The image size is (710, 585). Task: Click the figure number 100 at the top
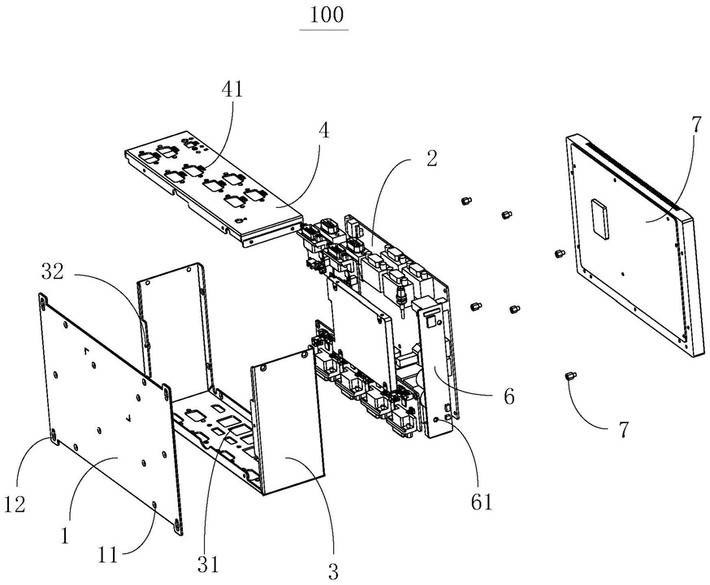(326, 15)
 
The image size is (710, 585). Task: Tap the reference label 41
(232, 89)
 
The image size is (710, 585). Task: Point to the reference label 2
(431, 158)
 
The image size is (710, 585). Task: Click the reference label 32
(53, 271)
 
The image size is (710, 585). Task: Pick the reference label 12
(15, 504)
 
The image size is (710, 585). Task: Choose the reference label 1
(65, 536)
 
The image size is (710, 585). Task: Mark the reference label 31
(208, 564)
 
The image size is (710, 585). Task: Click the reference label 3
(333, 572)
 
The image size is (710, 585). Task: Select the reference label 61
(482, 501)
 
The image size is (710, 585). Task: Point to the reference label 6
(509, 397)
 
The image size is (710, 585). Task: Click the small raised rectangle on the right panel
(600, 219)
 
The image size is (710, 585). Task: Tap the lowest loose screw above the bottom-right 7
(569, 376)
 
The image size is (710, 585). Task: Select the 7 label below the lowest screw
(624, 429)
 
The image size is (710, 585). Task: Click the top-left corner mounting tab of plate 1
(43, 300)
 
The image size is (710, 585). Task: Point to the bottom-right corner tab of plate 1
(178, 527)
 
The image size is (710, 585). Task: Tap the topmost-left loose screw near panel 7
(465, 200)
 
